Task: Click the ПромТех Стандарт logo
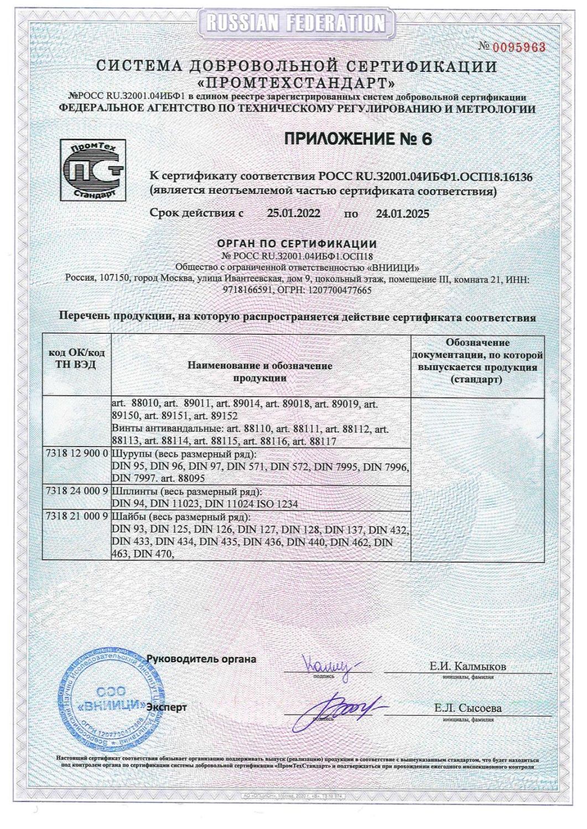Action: click(92, 170)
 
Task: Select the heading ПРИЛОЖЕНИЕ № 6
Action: click(357, 139)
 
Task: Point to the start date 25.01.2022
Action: click(293, 213)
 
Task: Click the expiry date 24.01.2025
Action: click(402, 213)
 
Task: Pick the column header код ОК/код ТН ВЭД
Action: click(77, 359)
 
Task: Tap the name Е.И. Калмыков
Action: click(467, 666)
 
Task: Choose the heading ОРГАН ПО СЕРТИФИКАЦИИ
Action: click(297, 244)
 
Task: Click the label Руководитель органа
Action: click(201, 659)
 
